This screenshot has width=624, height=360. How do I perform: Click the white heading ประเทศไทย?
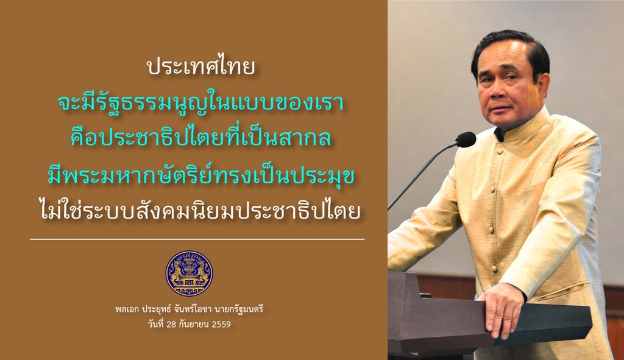[x=201, y=68]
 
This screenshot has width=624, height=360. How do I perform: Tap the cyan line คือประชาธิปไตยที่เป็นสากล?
[x=201, y=138]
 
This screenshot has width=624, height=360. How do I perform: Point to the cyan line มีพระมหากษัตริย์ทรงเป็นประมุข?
[x=201, y=176]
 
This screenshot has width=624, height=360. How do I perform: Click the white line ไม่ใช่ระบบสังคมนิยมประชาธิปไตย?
[x=201, y=209]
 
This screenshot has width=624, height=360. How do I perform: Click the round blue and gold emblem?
[x=189, y=274]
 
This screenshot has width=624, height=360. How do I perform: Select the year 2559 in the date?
[x=221, y=324]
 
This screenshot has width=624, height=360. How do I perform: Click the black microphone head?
[x=466, y=139]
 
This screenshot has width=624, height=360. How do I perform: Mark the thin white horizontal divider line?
[x=197, y=239]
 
